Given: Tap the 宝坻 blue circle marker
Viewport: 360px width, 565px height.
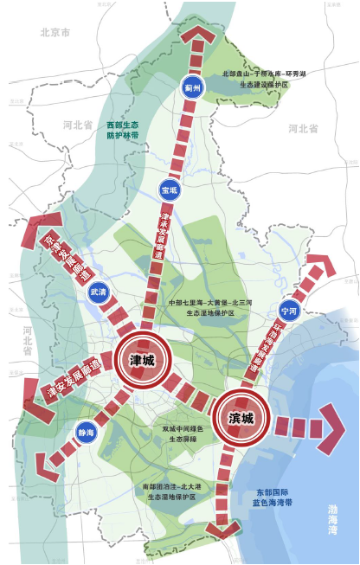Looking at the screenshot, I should click(x=169, y=189).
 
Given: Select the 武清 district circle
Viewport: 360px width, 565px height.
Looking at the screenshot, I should click(x=99, y=293).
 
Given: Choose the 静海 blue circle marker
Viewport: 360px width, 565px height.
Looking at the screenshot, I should click(x=86, y=433).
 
